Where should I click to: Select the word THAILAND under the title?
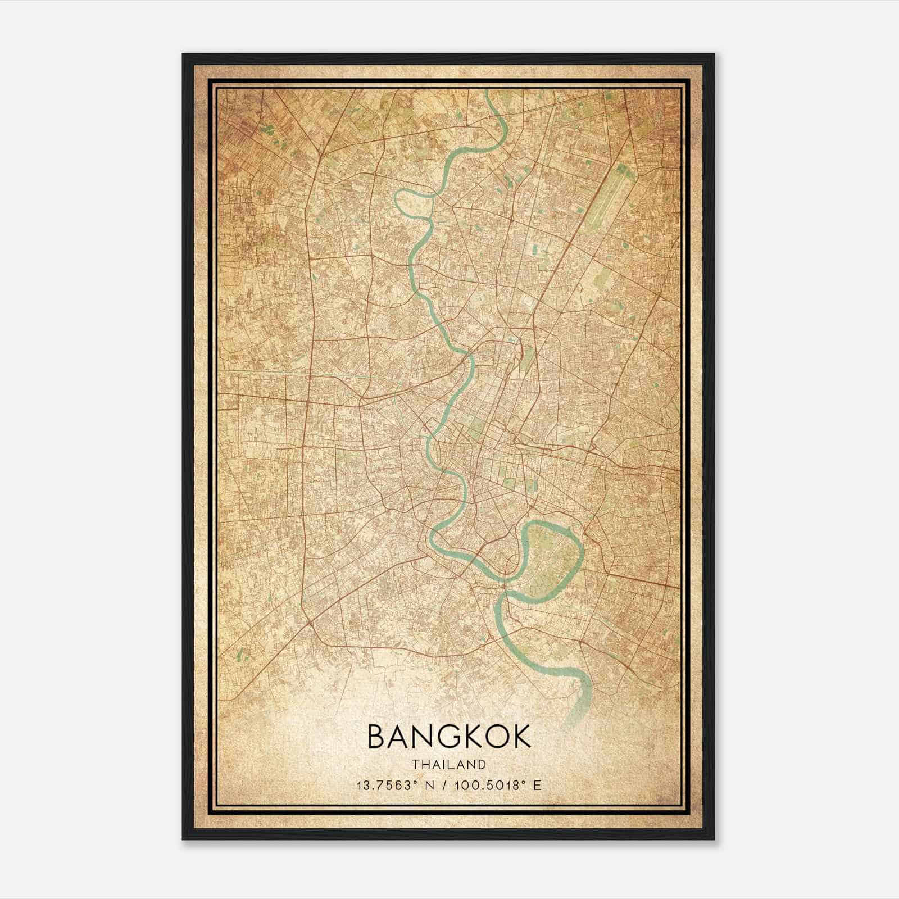coord(449,765)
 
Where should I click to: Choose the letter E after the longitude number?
coord(538,786)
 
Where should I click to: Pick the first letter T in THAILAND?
coord(415,765)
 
